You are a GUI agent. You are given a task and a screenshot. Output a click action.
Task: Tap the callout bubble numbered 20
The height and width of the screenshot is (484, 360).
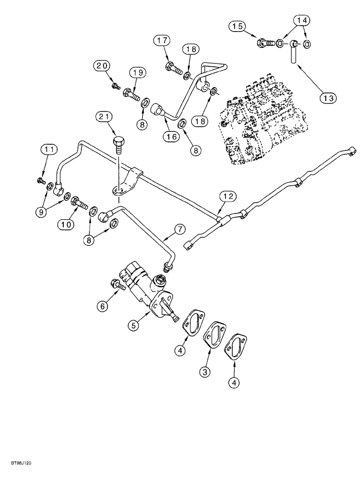point(103,65)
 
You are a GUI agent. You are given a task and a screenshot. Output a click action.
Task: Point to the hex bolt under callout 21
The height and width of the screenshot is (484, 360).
point(119,144)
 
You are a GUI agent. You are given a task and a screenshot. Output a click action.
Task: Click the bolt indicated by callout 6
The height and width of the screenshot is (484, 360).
point(118,286)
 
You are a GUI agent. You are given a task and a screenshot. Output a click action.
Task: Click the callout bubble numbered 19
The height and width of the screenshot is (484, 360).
point(137,73)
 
